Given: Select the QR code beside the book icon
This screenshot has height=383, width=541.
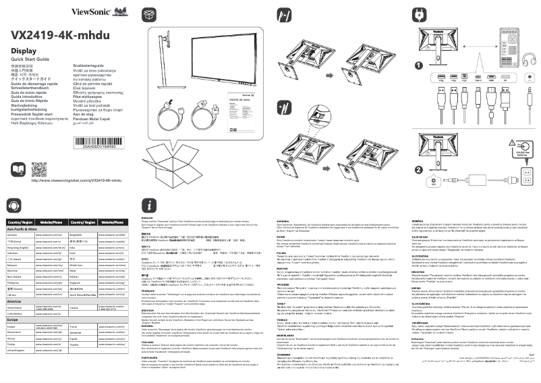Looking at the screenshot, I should pyautogui.click(x=39, y=169).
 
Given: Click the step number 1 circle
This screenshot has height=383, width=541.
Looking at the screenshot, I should pyautogui.click(x=419, y=66).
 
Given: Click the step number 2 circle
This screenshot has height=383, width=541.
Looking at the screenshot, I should pyautogui.click(x=418, y=170).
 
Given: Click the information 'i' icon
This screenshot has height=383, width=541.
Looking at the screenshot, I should pyautogui.click(x=149, y=205).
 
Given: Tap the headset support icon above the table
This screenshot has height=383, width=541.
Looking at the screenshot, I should pyautogui.click(x=13, y=205).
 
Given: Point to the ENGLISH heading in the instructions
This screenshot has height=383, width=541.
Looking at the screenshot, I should pyautogui.click(x=148, y=218).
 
